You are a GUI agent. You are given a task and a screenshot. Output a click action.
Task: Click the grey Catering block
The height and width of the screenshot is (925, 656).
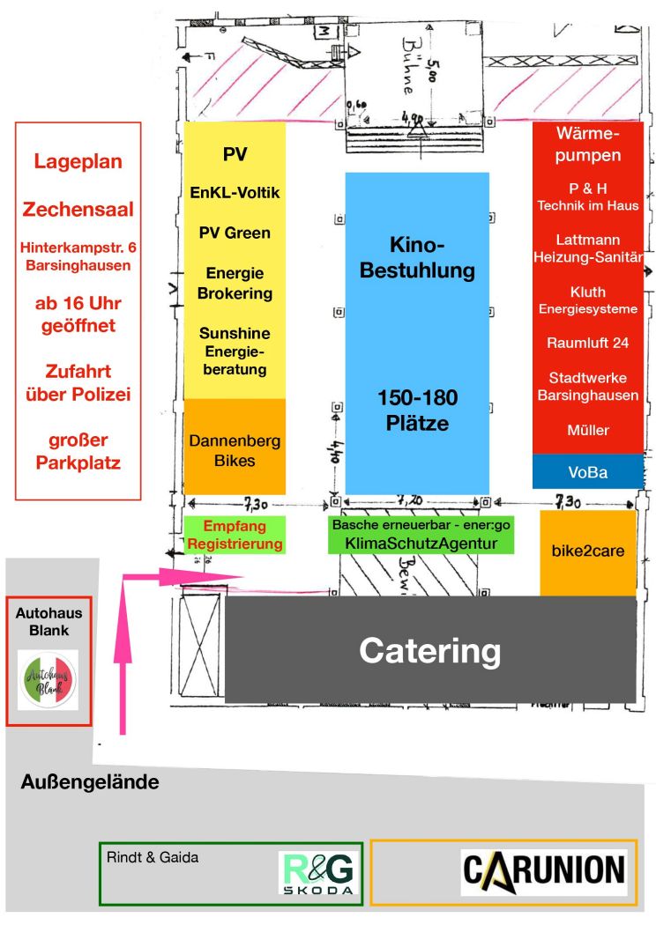point(430,650)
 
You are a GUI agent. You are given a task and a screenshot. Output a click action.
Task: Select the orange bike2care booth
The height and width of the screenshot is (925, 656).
point(587,552)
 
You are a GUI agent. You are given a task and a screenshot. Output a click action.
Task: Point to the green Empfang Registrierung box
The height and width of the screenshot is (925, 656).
point(235,535)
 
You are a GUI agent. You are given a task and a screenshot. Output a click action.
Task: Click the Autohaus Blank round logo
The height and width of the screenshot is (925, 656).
point(48,680)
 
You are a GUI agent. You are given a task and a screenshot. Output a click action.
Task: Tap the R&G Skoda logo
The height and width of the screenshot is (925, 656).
point(319,877)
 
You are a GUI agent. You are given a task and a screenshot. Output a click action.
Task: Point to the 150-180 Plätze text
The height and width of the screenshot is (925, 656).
point(417,410)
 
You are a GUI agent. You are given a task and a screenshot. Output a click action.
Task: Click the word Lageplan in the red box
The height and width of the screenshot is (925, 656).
point(78,162)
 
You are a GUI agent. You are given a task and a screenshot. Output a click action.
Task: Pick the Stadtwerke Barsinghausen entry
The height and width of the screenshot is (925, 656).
point(587,386)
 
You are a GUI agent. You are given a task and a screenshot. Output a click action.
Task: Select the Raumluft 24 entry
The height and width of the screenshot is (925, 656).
point(587,344)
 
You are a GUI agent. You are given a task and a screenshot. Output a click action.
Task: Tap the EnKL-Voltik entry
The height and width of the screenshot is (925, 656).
point(235,192)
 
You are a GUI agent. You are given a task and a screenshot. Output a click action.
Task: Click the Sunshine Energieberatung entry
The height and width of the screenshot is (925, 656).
point(235,351)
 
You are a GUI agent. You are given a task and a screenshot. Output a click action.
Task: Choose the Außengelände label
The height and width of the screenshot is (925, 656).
point(90,781)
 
